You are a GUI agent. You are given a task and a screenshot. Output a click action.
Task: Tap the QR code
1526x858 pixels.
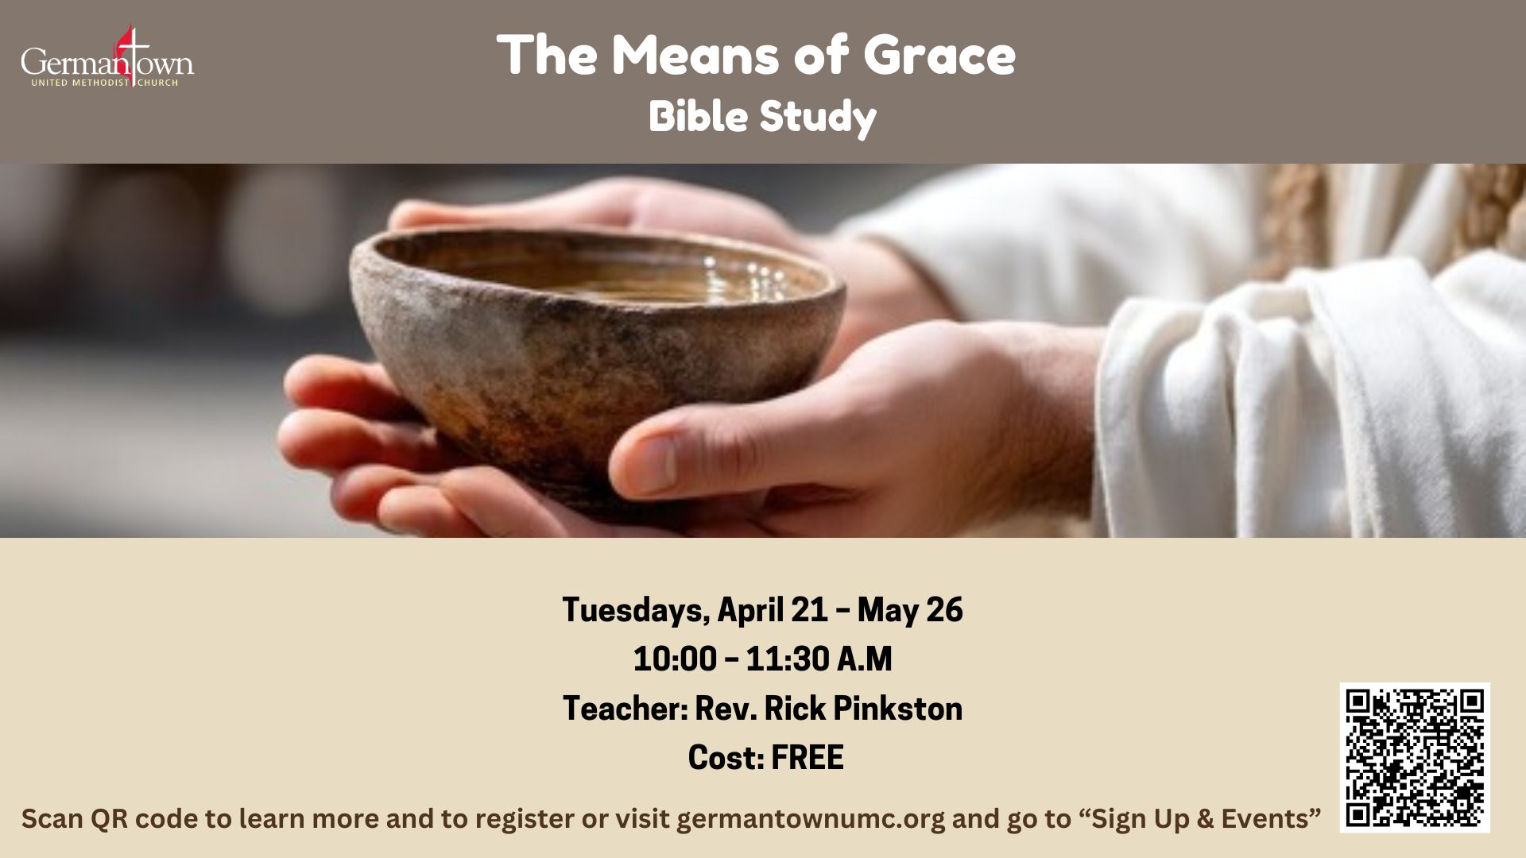point(1415,757)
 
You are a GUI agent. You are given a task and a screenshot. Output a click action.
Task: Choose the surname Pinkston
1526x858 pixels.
point(898,709)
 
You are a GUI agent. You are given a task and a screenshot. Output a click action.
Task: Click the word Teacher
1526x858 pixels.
point(626,709)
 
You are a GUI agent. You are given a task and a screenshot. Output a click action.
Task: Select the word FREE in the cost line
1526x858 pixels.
point(808,758)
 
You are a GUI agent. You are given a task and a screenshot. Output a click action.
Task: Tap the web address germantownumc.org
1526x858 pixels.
point(811,819)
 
